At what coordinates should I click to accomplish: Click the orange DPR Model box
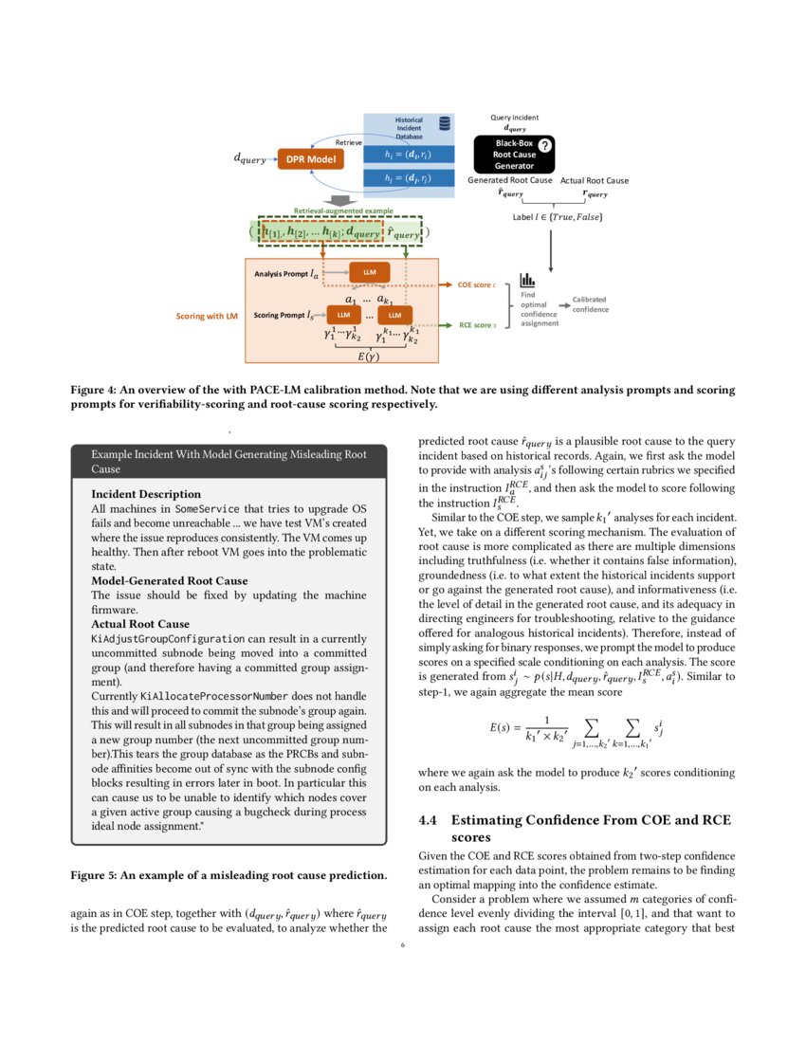point(311,159)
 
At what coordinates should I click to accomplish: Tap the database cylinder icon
point(444,124)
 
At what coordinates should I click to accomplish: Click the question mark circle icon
point(545,145)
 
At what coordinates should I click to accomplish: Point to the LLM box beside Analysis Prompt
point(370,272)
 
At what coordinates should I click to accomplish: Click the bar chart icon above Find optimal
point(527,281)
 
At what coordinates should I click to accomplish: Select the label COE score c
point(477,284)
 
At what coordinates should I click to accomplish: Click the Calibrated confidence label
point(591,304)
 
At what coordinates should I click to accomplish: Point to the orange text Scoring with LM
point(207,315)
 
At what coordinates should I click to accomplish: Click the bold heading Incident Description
point(145,494)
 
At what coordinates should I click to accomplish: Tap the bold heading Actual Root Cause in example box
point(140,624)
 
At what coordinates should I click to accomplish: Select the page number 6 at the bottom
point(402,944)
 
